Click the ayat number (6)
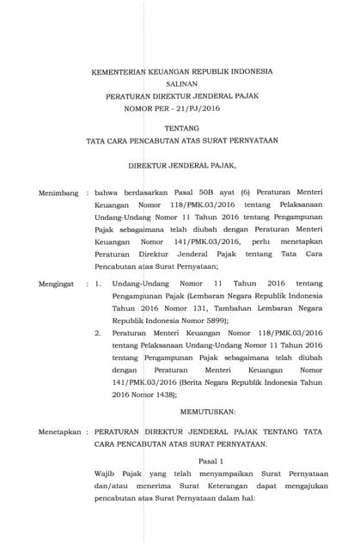246,194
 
